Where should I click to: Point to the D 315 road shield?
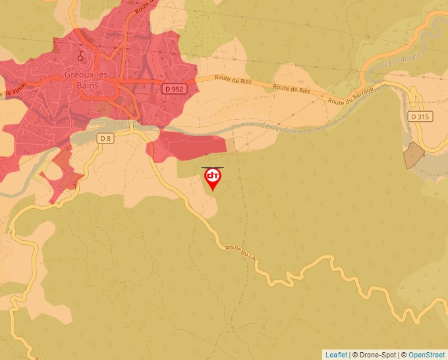click(420, 116)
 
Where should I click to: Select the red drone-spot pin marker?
click(213, 178)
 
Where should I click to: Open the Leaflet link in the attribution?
click(336, 355)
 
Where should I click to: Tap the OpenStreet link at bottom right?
click(427, 355)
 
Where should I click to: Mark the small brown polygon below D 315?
click(413, 155)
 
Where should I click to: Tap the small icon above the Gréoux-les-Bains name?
click(81, 55)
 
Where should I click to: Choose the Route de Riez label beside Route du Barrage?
click(291, 88)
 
